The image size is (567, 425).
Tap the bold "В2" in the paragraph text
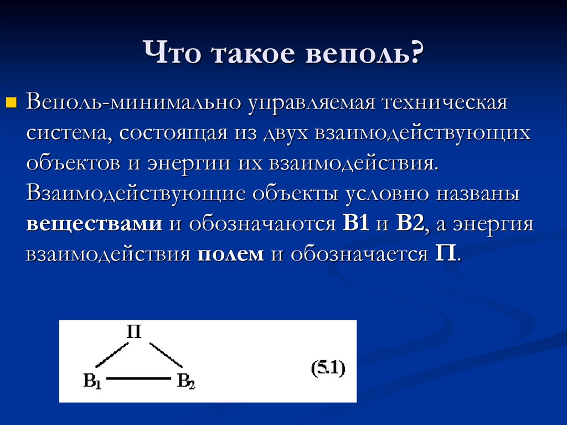pos(410,224)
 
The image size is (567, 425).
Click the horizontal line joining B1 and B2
pos(138,379)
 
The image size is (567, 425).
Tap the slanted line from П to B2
pos(166,355)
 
